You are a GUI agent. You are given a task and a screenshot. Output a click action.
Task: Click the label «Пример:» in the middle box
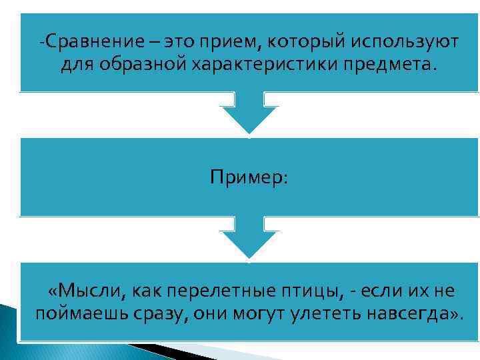tap(249, 177)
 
